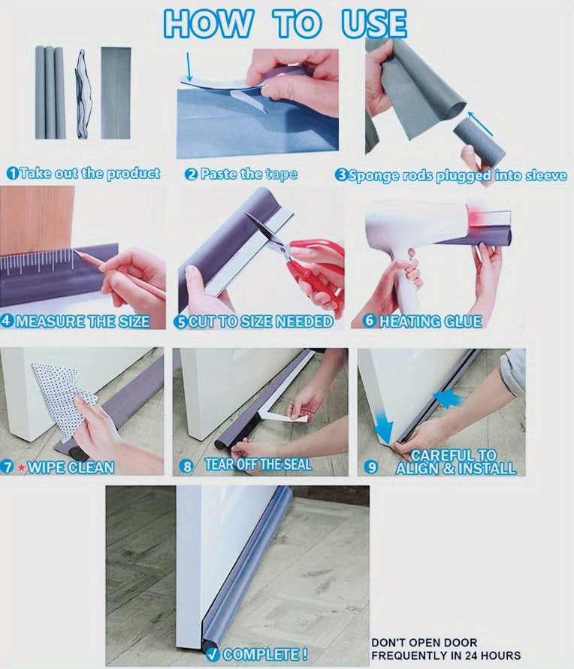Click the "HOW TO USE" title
click(x=285, y=23)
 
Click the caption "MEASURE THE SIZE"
click(x=83, y=322)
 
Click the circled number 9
click(x=370, y=467)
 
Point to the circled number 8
click(x=187, y=466)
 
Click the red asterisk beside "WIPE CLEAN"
click(x=21, y=468)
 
